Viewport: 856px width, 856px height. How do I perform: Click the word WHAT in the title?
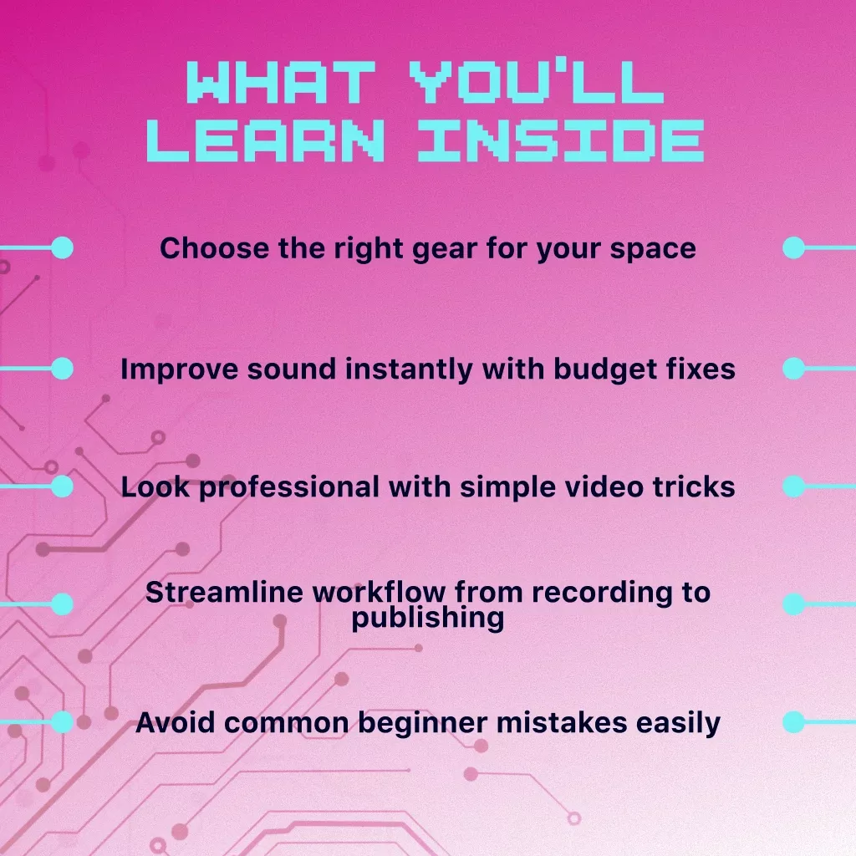pos(281,82)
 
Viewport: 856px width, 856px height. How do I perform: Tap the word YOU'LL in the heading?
pos(537,82)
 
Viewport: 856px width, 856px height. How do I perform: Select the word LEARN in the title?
pos(265,140)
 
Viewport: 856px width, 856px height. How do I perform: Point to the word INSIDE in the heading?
pos(561,140)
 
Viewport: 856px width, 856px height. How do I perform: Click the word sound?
pos(292,369)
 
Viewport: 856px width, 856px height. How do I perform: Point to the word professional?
pos(289,487)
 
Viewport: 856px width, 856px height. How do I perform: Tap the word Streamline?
pos(224,593)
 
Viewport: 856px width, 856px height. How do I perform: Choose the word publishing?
pos(427,619)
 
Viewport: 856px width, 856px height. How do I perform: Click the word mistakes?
pos(562,723)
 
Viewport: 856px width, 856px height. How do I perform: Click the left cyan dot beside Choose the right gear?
pos(62,247)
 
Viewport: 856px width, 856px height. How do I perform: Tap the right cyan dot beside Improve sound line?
pos(794,369)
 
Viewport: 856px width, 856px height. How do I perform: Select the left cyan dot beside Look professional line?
pos(62,487)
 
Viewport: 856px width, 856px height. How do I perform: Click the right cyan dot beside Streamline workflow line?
pos(794,604)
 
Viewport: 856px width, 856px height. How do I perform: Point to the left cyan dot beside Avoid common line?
pos(62,722)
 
